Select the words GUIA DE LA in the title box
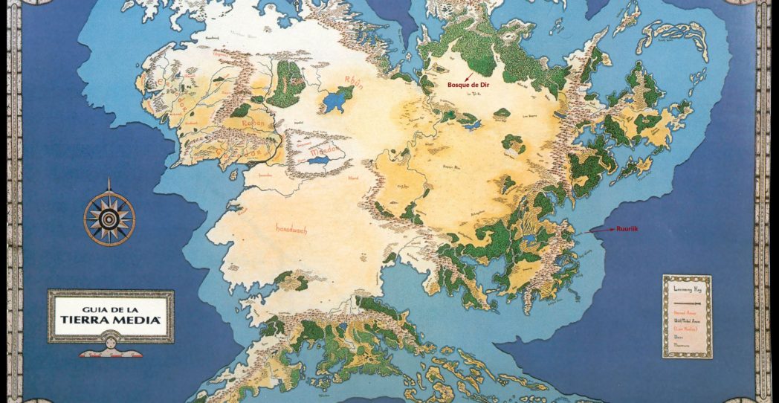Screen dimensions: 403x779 pyautogui.click(x=111, y=306)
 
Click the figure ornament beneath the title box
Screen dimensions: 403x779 pyautogui.click(x=111, y=349)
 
